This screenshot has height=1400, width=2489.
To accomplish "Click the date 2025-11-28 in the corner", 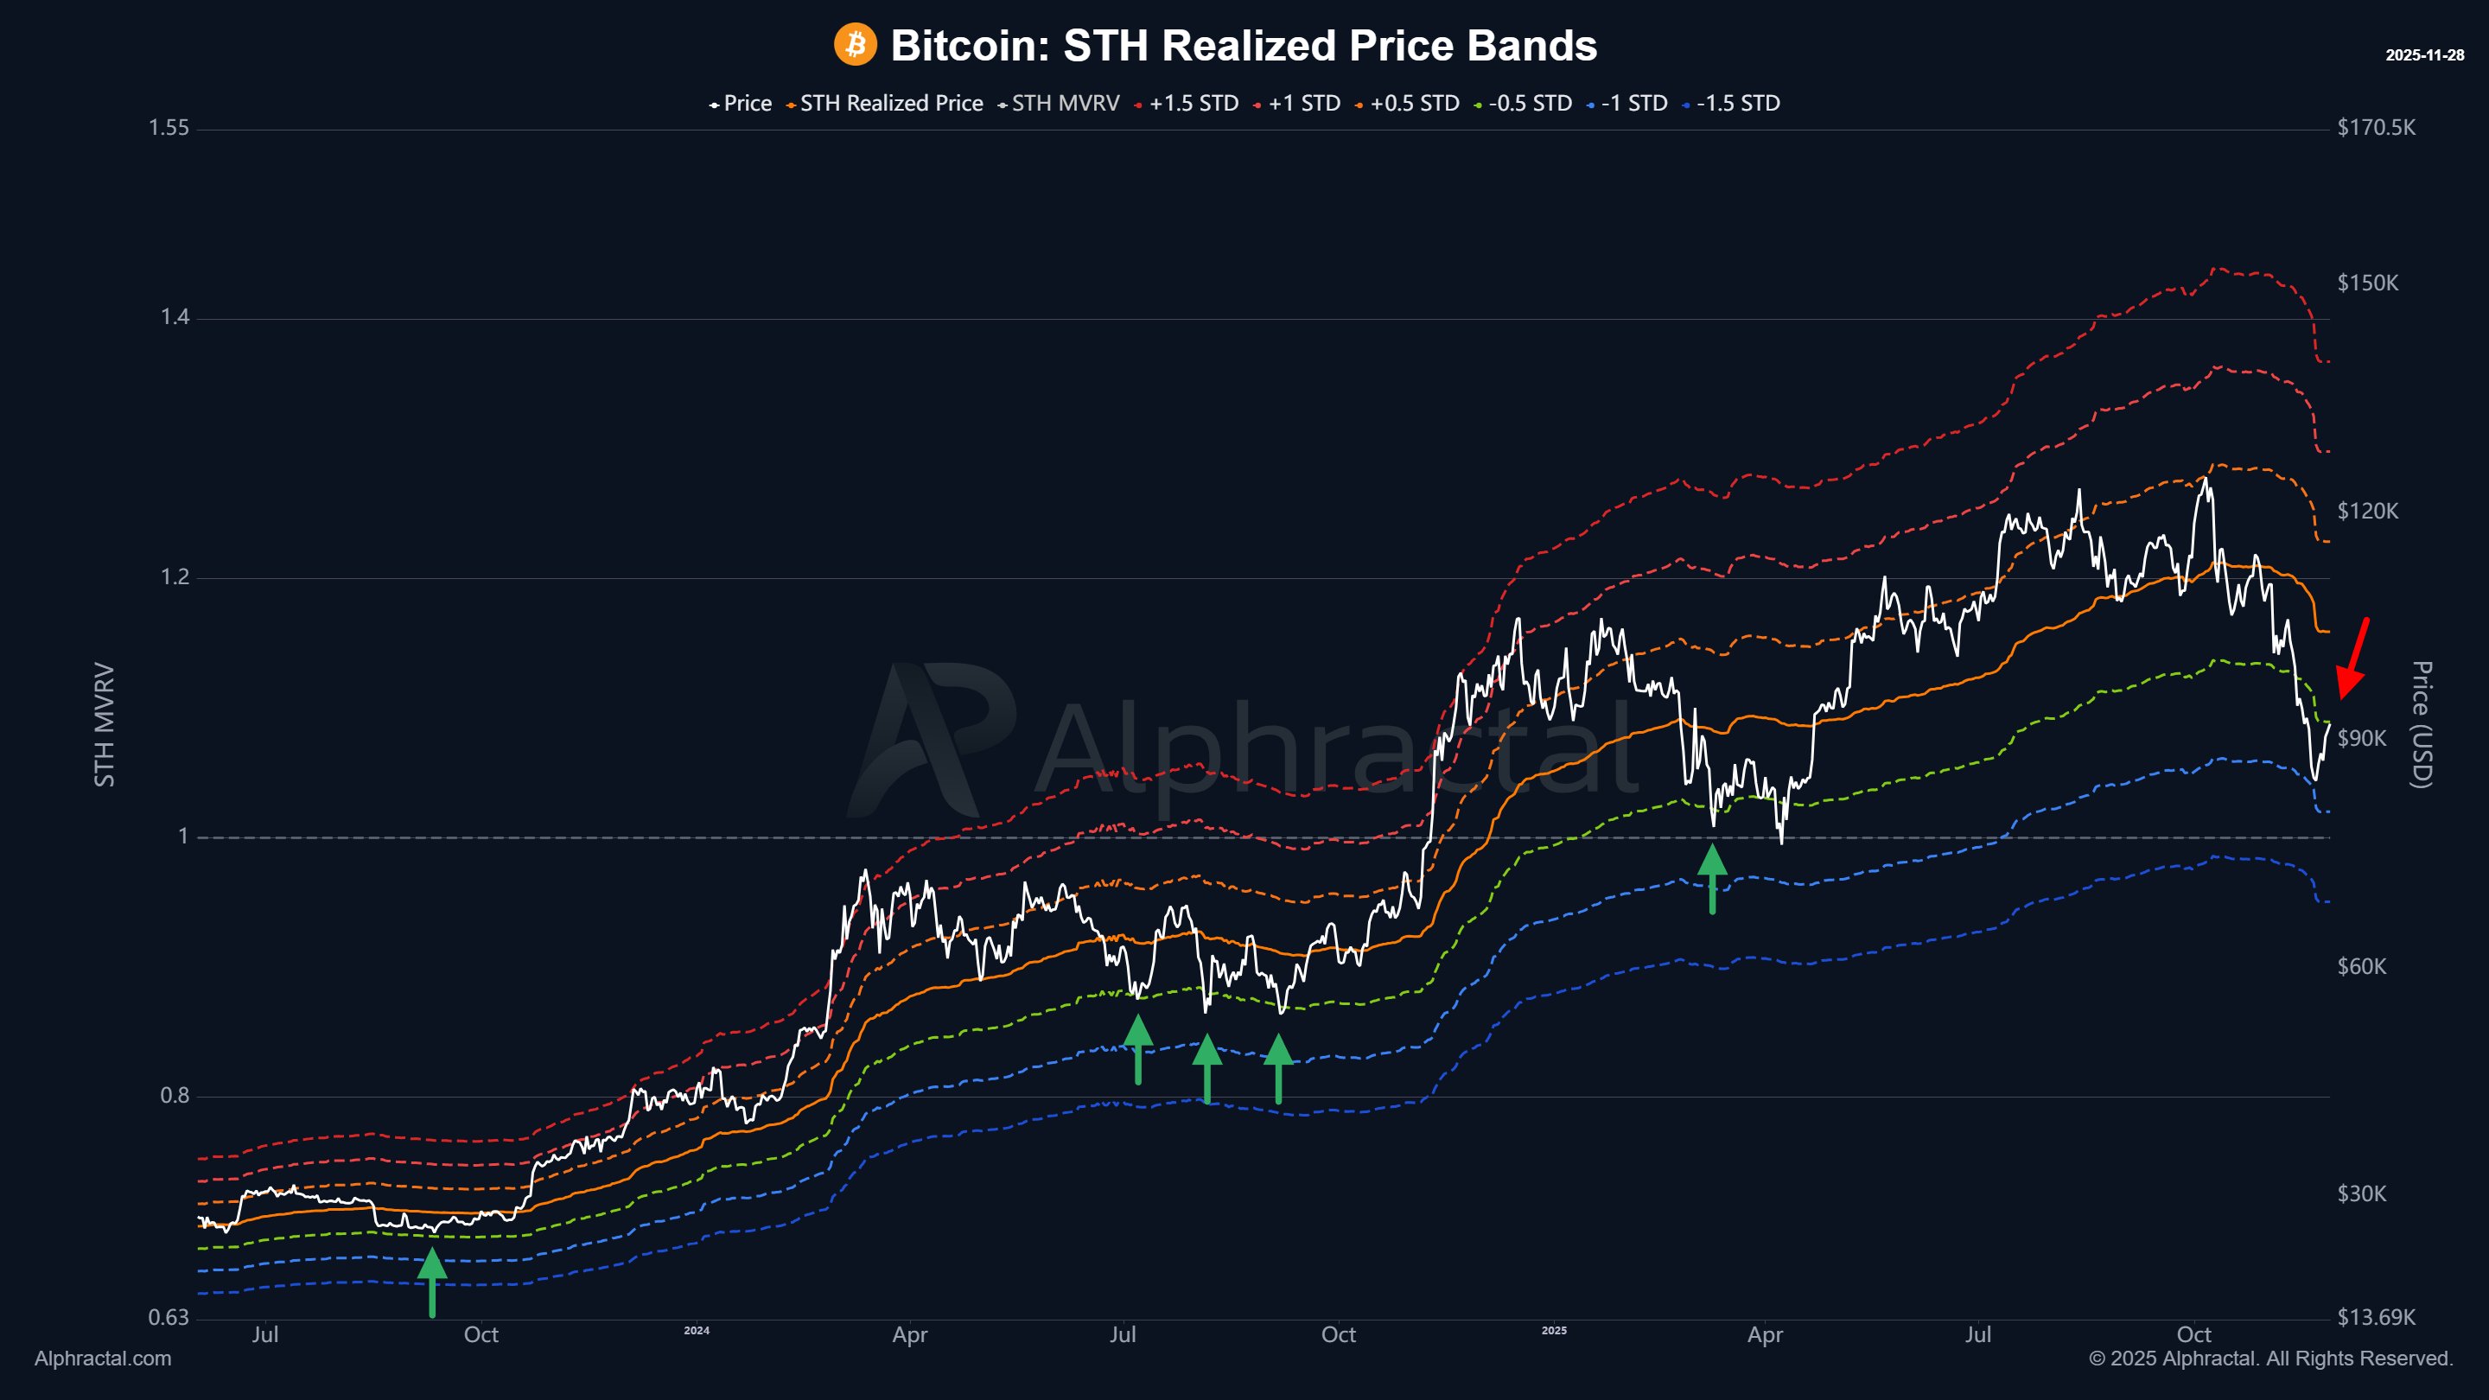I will [2424, 55].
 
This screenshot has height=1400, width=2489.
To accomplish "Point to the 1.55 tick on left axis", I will [169, 128].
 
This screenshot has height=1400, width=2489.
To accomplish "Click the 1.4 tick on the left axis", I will [174, 317].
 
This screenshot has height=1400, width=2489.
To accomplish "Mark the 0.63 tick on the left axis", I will [169, 1317].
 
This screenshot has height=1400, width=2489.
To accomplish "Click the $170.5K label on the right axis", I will [2376, 128].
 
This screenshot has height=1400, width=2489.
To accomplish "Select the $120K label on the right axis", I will [2367, 511].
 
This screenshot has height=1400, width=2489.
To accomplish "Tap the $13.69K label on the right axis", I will [2376, 1317].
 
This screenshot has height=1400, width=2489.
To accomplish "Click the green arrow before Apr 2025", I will [1712, 878].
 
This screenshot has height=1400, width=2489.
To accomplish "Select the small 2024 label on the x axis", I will [697, 1331].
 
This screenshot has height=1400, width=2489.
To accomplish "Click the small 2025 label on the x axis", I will [1554, 1331].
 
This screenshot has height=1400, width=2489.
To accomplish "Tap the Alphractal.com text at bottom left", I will [104, 1359].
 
